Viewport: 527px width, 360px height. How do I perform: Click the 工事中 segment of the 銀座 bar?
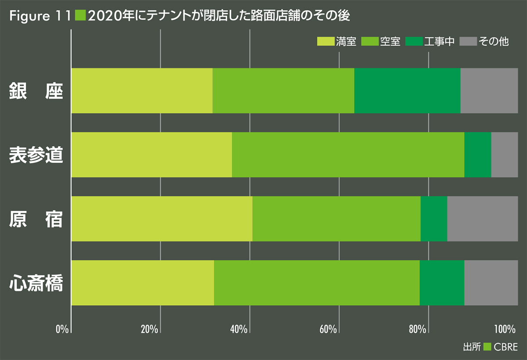point(407,90)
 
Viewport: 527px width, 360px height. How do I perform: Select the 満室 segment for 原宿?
point(162,219)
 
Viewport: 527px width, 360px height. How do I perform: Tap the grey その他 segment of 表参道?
point(504,155)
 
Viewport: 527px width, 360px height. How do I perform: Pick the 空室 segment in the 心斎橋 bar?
point(317,283)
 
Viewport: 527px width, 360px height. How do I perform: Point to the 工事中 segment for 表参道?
point(477,155)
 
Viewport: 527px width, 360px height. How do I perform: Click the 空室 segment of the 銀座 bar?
point(283,90)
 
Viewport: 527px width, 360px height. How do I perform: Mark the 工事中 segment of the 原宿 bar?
point(433,219)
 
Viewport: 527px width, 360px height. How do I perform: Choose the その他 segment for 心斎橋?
point(491,283)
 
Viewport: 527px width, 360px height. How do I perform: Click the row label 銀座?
point(36,91)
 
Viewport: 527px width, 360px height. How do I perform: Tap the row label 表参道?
point(36,155)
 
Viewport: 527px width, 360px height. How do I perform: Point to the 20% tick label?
point(150,329)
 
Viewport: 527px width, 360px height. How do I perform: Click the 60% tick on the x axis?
point(328,329)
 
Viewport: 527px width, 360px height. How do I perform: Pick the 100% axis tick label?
point(504,329)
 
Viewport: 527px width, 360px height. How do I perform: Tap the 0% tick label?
point(62,329)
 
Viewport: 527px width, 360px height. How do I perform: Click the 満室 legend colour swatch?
point(325,42)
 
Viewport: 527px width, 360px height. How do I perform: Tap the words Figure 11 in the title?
point(40,16)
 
